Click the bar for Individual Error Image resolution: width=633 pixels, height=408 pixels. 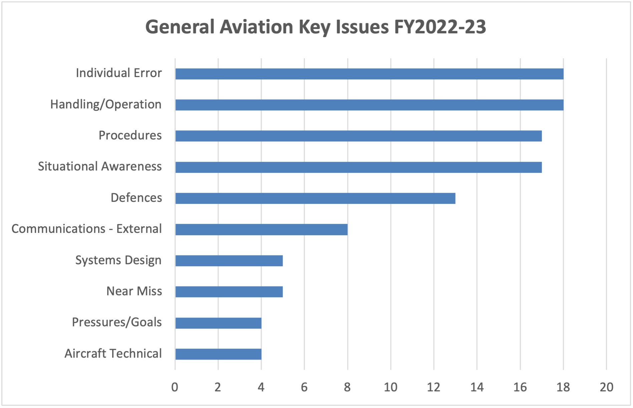coord(369,74)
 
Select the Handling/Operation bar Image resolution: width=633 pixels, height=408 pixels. coord(369,105)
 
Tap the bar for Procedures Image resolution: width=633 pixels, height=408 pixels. coord(358,136)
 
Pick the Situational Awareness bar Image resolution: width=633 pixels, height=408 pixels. coord(358,167)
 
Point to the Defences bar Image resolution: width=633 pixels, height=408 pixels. coord(315,198)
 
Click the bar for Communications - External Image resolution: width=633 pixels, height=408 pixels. coord(261,230)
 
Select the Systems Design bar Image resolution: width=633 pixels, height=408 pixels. coord(229,261)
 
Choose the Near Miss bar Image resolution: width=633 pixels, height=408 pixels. coord(229,292)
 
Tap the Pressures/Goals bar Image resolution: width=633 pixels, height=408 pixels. coord(218,323)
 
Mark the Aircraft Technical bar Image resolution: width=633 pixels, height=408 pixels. coord(218,354)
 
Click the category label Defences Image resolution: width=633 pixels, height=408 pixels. coord(136,198)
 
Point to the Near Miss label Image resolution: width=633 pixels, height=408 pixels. coord(134,291)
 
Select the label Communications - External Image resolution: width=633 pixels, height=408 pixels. coord(86,229)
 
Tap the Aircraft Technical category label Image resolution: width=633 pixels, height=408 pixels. coord(113,354)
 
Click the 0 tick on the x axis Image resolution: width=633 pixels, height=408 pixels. coord(175,387)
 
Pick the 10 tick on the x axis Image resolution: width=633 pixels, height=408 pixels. coord(390,387)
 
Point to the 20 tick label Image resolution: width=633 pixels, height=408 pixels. coord(606,387)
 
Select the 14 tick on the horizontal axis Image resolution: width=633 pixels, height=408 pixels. coord(477,387)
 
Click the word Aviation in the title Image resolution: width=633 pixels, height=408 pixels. coord(256,27)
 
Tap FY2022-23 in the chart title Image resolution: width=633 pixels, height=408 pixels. coord(440,27)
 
